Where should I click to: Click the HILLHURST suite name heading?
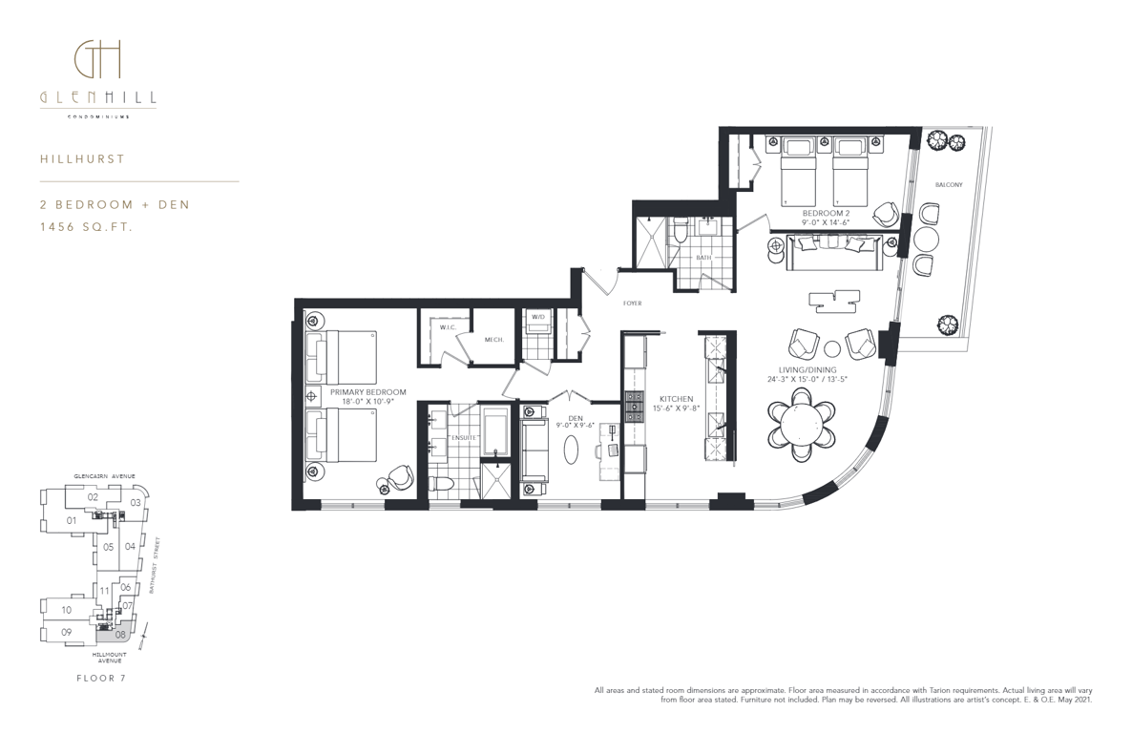(x=82, y=158)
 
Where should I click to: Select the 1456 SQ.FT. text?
(x=87, y=227)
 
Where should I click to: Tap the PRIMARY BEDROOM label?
(x=368, y=392)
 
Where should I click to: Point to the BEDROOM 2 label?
(x=826, y=214)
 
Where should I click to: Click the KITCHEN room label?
(x=677, y=399)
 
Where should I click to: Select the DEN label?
(x=576, y=418)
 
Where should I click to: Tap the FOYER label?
(x=633, y=304)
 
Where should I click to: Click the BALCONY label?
(x=949, y=185)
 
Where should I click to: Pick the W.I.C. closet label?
(x=448, y=328)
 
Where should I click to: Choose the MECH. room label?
(x=494, y=340)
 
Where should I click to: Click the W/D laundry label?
(x=538, y=317)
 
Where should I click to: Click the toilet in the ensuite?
(x=440, y=485)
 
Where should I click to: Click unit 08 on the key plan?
(x=120, y=635)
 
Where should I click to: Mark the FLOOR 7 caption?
(x=101, y=678)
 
